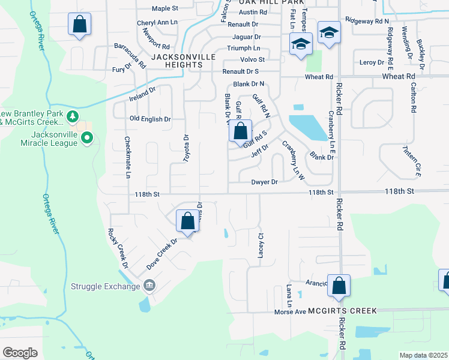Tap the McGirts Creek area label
tap(343, 311)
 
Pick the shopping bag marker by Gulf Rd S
tap(241, 131)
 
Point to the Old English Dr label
tap(150, 119)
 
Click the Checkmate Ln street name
tap(127, 158)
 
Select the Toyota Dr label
tap(185, 148)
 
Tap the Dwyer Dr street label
tap(265, 182)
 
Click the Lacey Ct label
tap(261, 246)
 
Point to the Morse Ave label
tap(291, 311)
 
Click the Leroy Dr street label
tap(372, 62)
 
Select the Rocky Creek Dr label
tap(118, 248)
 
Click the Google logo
tap(20, 352)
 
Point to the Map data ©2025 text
tap(423, 355)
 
